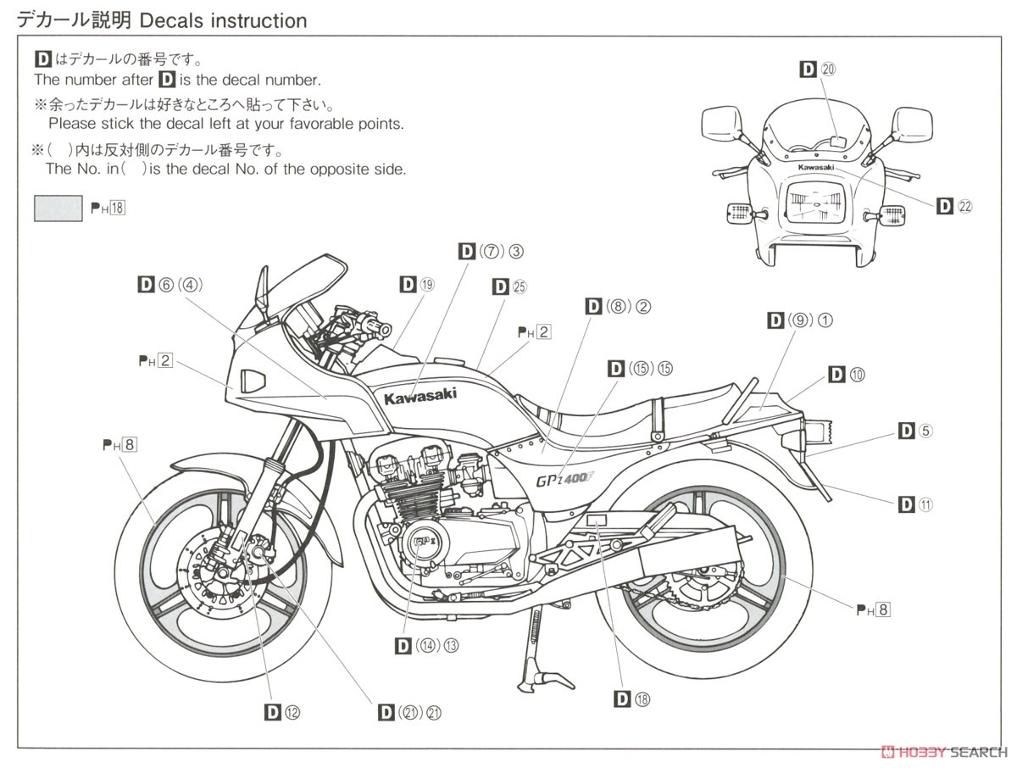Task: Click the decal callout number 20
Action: pyautogui.click(x=828, y=70)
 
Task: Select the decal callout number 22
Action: pyautogui.click(x=965, y=206)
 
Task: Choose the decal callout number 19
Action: pyautogui.click(x=426, y=285)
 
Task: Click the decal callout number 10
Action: pyautogui.click(x=856, y=374)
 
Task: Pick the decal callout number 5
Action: pyautogui.click(x=925, y=431)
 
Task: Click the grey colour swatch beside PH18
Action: pyautogui.click(x=58, y=208)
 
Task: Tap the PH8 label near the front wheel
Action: pyautogui.click(x=119, y=444)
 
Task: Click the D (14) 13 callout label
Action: pyautogui.click(x=427, y=645)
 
